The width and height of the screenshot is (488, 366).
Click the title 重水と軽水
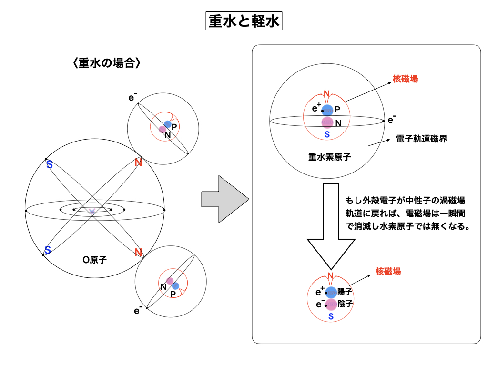[x=244, y=21]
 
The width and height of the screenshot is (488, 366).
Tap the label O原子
[x=94, y=260]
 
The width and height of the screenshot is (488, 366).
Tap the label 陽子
[x=344, y=292]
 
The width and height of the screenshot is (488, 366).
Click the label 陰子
[x=344, y=304]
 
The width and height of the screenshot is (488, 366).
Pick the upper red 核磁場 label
[x=405, y=79]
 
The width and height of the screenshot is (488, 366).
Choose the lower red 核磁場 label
[x=388, y=272]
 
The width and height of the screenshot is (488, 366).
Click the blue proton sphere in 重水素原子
[x=327, y=110]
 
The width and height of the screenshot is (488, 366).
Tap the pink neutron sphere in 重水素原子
[x=327, y=122]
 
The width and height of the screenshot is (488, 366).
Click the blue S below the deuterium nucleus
[x=327, y=135]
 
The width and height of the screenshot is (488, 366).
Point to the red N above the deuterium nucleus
[x=327, y=94]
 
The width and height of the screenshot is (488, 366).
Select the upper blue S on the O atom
[x=49, y=165]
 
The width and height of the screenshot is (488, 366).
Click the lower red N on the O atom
[x=138, y=252]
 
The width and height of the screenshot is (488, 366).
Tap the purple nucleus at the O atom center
[x=92, y=211]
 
